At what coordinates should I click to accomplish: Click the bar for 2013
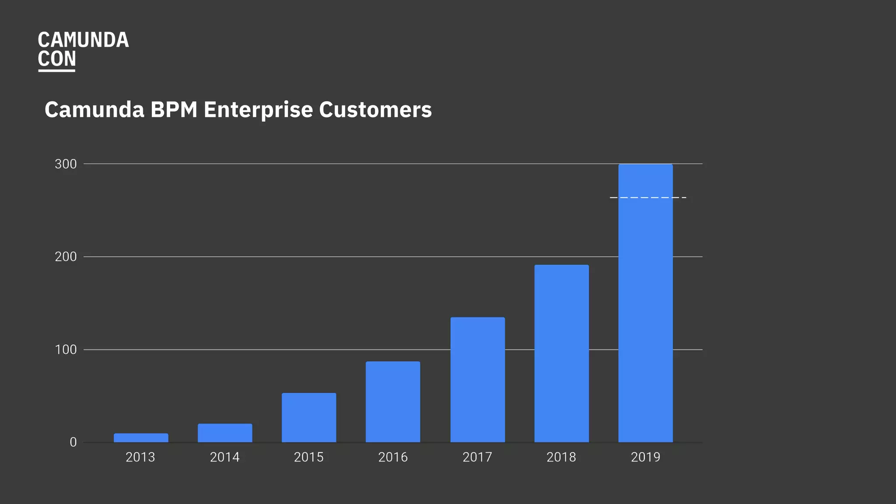(141, 437)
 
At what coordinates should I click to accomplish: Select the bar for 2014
(225, 433)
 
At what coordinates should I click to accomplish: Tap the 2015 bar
(309, 417)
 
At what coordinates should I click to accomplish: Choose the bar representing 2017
(477, 379)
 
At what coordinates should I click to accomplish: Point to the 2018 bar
(561, 353)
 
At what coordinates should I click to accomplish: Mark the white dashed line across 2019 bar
(648, 198)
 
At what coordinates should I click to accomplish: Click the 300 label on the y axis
(66, 164)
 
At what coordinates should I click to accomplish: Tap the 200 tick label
(66, 257)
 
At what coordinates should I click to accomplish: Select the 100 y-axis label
(66, 350)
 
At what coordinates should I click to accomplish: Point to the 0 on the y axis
(73, 442)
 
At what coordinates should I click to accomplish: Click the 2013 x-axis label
(140, 457)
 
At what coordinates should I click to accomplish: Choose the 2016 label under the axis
(393, 457)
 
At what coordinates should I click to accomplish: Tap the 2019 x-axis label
(645, 457)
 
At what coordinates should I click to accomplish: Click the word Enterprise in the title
(258, 110)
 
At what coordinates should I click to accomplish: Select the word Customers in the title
(375, 110)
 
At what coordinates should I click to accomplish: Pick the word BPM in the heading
(174, 110)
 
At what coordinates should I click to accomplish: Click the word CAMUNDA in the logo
(83, 40)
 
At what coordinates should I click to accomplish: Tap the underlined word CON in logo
(57, 59)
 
